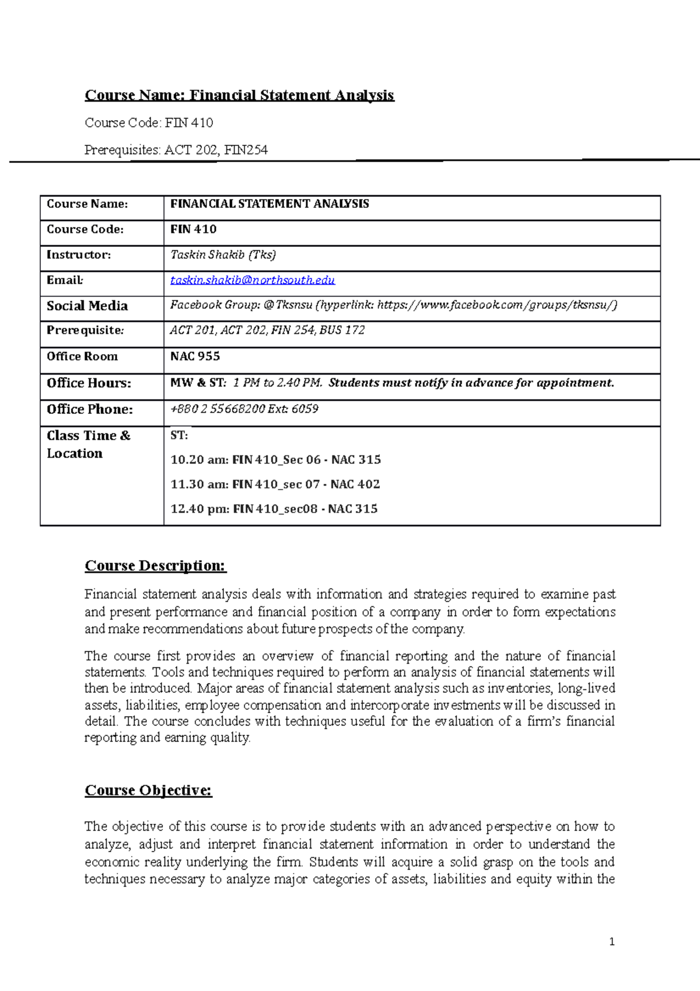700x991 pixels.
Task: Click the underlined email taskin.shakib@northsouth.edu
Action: pos(252,280)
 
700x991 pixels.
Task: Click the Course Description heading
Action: pos(155,566)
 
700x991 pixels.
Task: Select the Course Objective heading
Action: pos(148,790)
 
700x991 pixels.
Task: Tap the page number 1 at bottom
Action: pos(611,941)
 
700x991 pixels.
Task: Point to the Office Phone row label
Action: pos(90,410)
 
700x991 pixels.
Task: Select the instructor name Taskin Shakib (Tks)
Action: pos(223,254)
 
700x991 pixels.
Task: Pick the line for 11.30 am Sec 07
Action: pos(275,484)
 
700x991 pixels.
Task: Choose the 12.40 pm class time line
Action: pos(274,509)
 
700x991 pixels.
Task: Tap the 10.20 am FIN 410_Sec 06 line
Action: pos(275,460)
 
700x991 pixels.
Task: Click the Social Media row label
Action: pos(87,306)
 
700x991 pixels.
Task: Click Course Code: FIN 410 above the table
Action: pos(149,123)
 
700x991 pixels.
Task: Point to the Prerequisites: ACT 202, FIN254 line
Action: pos(176,150)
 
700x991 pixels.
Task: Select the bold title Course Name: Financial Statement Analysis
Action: pos(239,95)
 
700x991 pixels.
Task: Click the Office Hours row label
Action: pos(89,383)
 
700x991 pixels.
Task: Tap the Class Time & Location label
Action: pos(87,444)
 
